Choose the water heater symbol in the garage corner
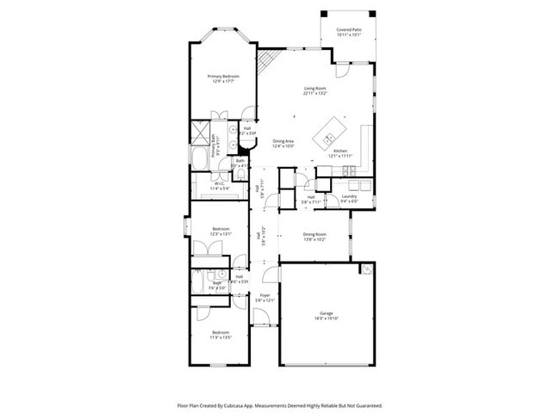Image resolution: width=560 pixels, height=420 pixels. tap(366, 269)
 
